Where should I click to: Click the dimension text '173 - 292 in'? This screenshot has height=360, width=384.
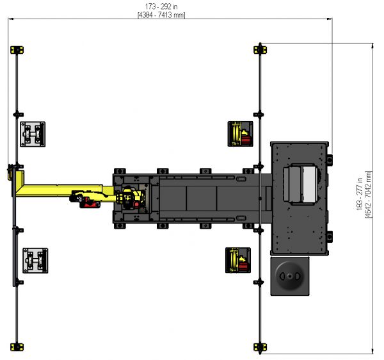(161, 6)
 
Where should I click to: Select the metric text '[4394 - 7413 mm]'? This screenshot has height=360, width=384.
(161, 15)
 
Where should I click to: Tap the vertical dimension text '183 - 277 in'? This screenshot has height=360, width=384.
(359, 194)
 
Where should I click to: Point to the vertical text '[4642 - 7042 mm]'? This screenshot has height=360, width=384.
(368, 194)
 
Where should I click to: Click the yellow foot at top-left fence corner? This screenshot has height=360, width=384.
(17, 50)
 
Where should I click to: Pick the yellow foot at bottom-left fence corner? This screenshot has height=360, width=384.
(17, 347)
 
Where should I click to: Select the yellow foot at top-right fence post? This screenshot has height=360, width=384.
(260, 50)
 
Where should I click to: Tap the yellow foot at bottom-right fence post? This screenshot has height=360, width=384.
(260, 347)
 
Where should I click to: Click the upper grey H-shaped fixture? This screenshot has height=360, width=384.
(33, 134)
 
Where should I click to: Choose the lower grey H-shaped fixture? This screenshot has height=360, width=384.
(35, 261)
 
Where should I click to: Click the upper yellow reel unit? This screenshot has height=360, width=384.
(240, 134)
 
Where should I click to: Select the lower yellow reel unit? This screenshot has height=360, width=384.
(238, 260)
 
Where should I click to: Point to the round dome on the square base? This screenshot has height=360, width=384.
(290, 276)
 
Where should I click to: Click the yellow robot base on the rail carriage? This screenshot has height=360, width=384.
(130, 198)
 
